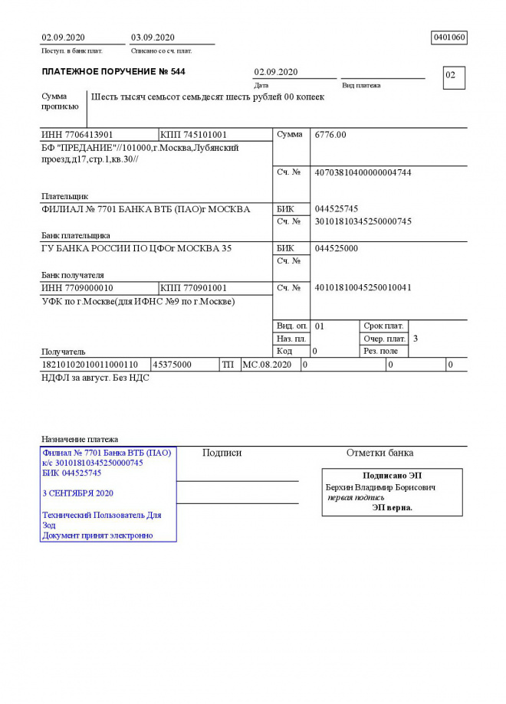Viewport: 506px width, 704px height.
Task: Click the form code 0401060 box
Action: point(450,38)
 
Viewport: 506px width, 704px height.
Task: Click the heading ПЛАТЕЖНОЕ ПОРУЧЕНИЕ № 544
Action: point(113,72)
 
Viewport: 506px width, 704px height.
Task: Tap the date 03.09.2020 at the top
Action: point(153,38)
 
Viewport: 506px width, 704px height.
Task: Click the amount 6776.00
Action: point(330,135)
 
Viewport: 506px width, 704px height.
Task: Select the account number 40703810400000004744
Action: point(363,173)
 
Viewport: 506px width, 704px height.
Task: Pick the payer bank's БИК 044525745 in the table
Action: point(337,209)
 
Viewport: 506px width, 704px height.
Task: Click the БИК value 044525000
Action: point(337,249)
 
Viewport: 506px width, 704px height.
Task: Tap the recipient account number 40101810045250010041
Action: point(363,288)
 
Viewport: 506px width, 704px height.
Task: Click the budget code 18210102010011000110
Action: point(90,365)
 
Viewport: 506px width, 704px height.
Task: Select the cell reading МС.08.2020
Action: point(268,365)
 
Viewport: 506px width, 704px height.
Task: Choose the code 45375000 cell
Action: point(172,365)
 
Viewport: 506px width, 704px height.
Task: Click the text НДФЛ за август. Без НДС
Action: point(95,378)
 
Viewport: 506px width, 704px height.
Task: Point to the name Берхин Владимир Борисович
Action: point(381,487)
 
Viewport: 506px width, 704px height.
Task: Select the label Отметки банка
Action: point(379,453)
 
